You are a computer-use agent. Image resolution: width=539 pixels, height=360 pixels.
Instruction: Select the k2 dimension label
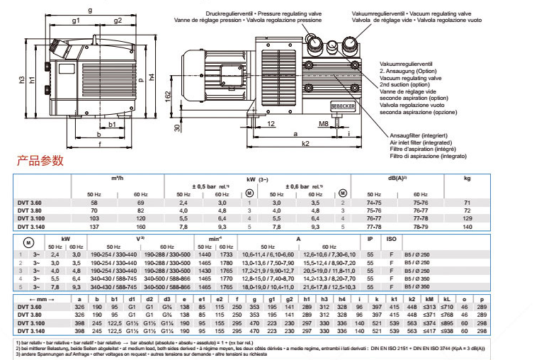click(305, 144)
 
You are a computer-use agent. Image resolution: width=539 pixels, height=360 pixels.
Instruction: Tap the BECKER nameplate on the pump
click(345, 104)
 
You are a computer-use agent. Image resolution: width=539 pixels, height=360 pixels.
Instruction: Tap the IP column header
click(370, 239)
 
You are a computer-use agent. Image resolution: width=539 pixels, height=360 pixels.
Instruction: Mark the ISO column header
click(391, 239)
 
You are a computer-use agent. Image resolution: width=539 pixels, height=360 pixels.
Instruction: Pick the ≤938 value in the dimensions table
click(447, 331)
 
